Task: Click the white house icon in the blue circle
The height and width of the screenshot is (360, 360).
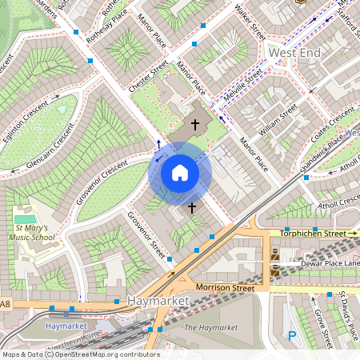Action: point(180,173)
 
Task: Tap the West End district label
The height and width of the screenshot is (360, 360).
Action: point(294,52)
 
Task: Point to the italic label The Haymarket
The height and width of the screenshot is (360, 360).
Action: point(211,328)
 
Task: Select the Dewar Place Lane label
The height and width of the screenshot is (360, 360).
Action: point(330,263)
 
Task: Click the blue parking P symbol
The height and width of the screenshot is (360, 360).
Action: point(292,337)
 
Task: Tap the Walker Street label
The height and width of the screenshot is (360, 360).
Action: point(250,22)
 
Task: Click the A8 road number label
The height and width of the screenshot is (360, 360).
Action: point(6,304)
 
